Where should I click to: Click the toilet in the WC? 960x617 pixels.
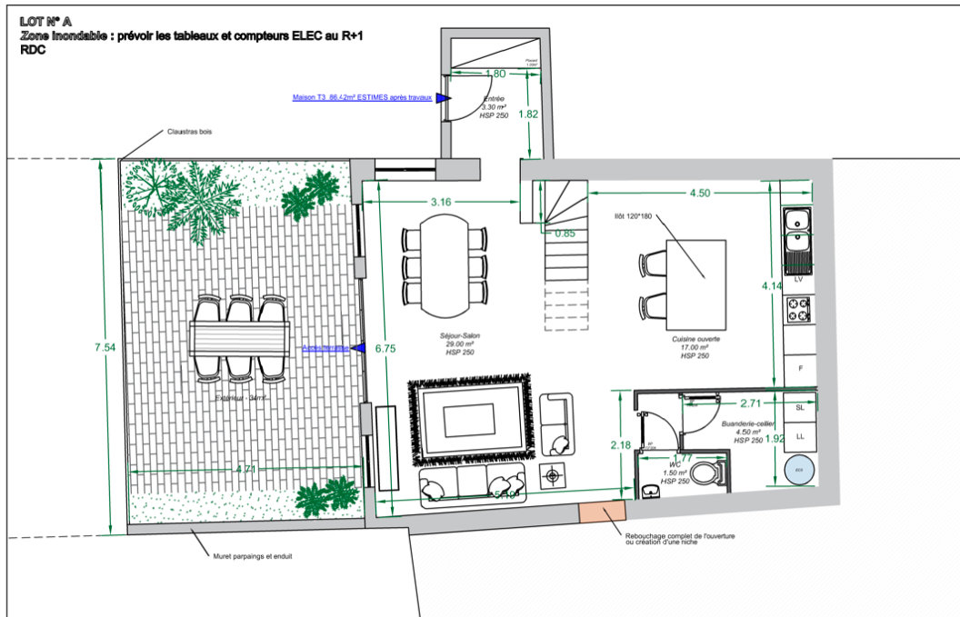point(705,473)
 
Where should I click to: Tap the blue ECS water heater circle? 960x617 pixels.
point(799,470)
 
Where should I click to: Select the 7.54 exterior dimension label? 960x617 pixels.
point(109,346)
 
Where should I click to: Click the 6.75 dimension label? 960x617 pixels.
point(385,347)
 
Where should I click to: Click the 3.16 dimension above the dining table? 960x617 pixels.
point(441,201)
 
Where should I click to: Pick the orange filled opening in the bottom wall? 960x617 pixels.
point(601,513)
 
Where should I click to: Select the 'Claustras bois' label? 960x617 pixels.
point(189,133)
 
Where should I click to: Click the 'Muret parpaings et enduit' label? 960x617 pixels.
point(253,556)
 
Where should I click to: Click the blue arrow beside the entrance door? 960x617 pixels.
point(443,97)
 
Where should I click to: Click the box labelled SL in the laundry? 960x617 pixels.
point(800,409)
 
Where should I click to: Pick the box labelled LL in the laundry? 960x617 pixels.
point(800,437)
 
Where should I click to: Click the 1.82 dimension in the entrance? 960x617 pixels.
point(528,114)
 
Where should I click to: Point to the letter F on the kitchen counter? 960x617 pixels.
point(800,369)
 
